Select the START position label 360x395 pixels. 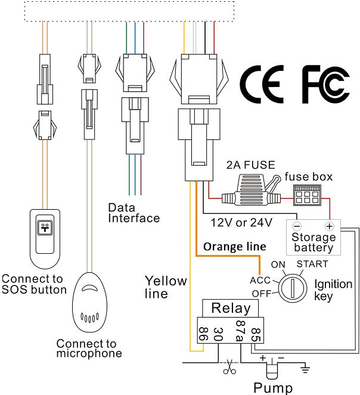[x=311, y=263]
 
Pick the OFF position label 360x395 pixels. [x=260, y=293]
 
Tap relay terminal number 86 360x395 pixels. [x=204, y=332]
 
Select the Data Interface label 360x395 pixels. [x=134, y=213]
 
